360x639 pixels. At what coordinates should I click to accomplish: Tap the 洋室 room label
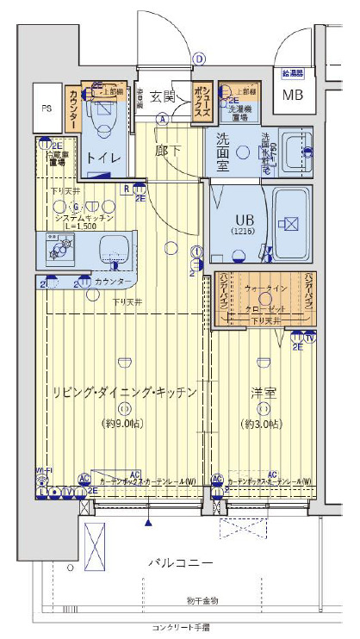pos(263,392)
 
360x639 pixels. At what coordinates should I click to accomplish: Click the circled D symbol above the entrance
pos(199,59)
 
